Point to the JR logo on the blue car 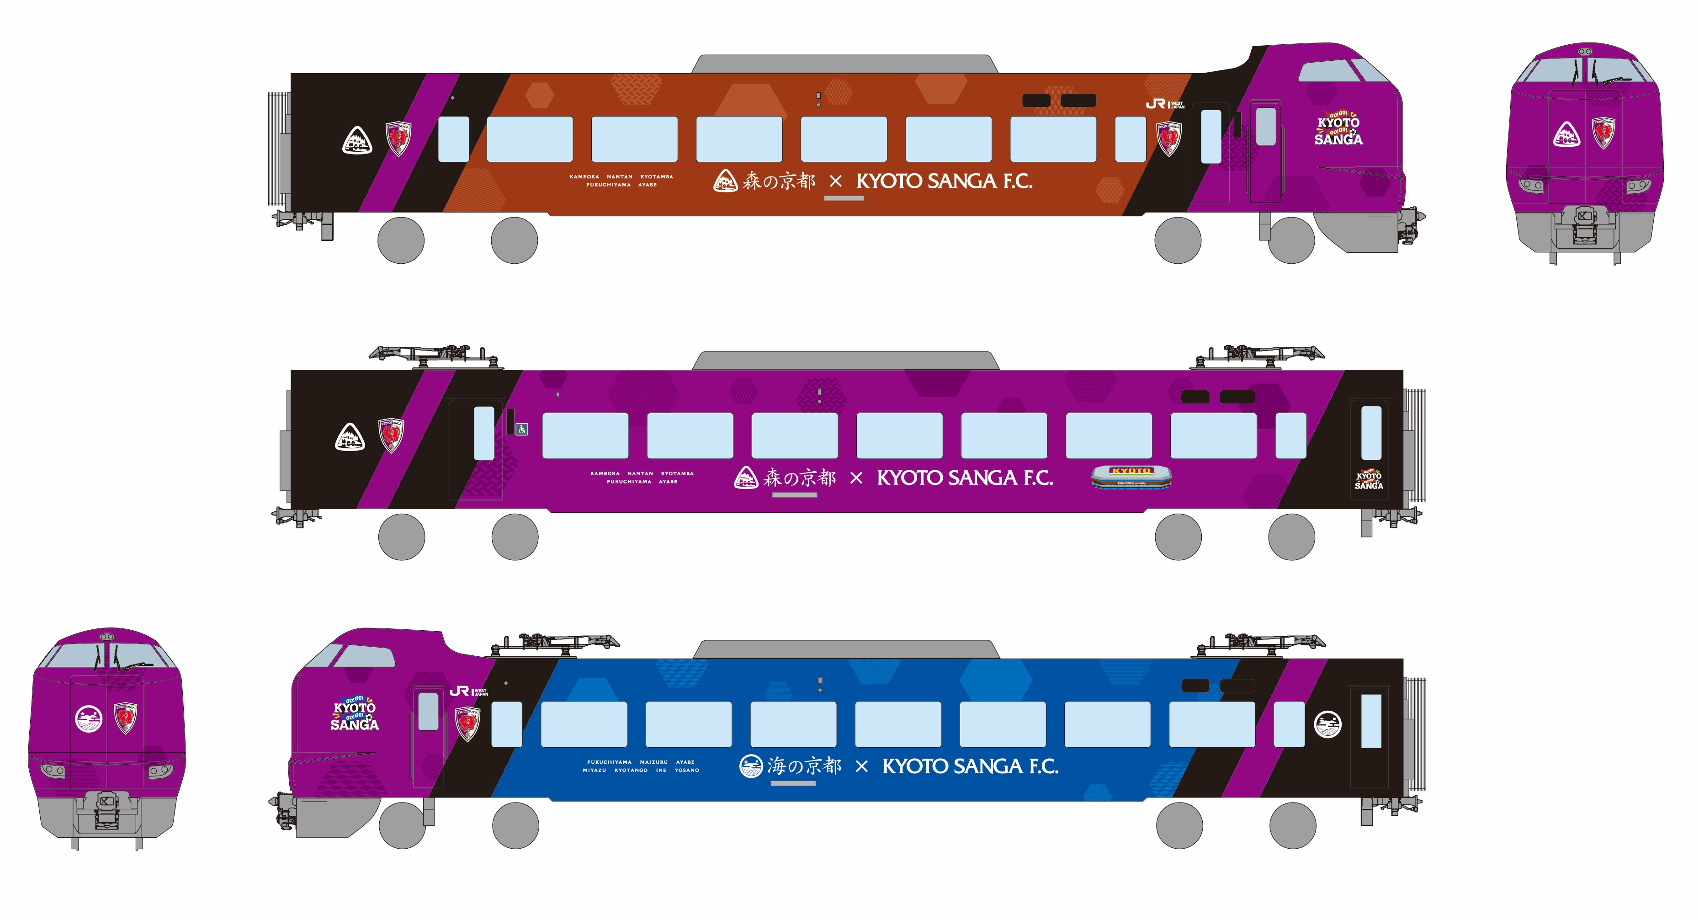click(x=468, y=691)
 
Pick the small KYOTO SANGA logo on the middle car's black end click(x=1369, y=479)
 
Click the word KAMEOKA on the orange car click(x=584, y=177)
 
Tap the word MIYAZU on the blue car click(x=594, y=770)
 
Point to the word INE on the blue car click(x=661, y=770)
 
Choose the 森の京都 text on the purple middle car click(x=799, y=478)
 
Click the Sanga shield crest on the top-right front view click(x=1603, y=133)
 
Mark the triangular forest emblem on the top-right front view click(x=1566, y=134)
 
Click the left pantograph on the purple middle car click(x=435, y=356)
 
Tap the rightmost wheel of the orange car click(x=1291, y=241)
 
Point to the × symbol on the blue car click(x=861, y=766)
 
